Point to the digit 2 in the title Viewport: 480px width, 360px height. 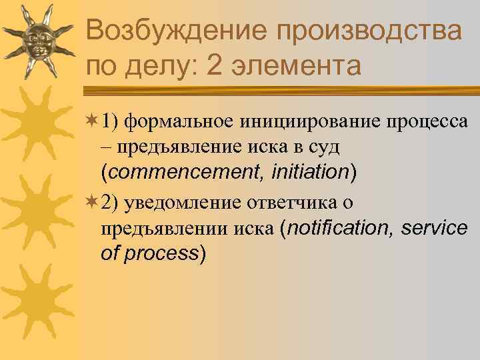click(215, 67)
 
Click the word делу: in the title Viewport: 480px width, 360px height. click(161, 67)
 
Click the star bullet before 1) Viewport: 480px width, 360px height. click(92, 121)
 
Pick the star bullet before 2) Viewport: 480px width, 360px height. click(92, 203)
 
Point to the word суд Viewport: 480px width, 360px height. click(325, 147)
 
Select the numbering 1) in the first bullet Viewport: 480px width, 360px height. click(109, 121)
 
